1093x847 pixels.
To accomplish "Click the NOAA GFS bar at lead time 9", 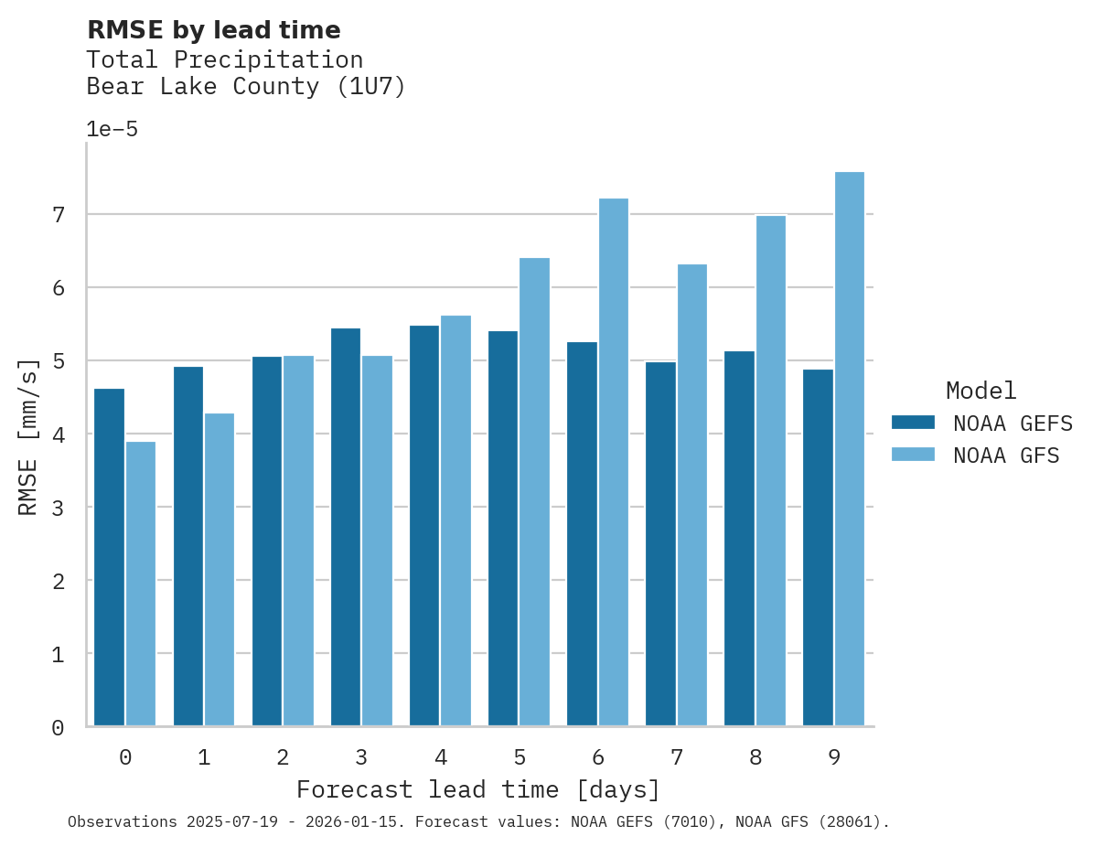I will click(x=850, y=449).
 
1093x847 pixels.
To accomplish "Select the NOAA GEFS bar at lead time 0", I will click(x=109, y=557).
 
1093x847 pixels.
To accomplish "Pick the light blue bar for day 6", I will click(x=614, y=462).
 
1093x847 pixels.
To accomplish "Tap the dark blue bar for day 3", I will click(x=346, y=527).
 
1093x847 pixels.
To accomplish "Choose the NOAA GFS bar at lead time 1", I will click(x=220, y=569).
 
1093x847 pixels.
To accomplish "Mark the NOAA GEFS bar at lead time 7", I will click(x=660, y=544).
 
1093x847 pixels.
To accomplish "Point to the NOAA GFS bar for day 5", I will click(x=535, y=492).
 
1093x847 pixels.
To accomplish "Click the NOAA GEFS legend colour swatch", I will click(x=913, y=422).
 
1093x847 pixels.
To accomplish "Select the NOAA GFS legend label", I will click(x=1006, y=456).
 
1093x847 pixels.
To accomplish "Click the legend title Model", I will click(x=980, y=391).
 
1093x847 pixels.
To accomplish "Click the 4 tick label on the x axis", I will click(x=441, y=757).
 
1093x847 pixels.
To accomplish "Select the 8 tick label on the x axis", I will click(x=755, y=757).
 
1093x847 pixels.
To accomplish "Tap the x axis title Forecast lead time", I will click(x=477, y=789).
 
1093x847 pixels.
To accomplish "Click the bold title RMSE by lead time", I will click(x=213, y=30).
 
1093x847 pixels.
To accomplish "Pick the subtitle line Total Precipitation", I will click(x=224, y=59).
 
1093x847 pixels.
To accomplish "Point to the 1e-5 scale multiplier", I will click(x=112, y=129).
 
